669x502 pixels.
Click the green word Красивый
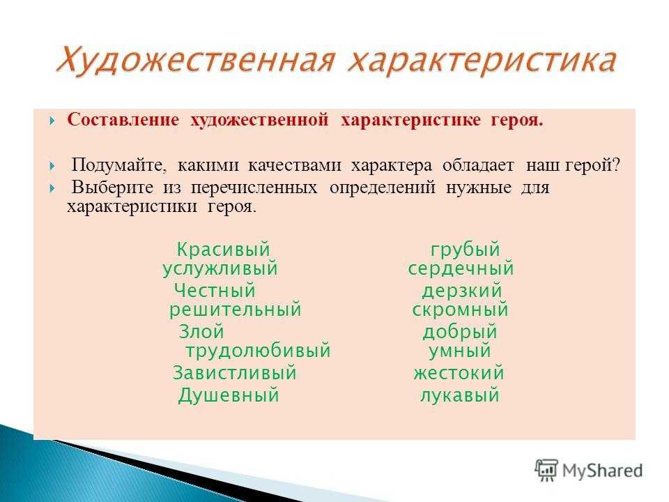tap(223, 250)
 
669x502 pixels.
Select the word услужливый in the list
tap(220, 269)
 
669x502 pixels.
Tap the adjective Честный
tap(215, 291)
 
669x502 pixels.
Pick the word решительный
tap(235, 310)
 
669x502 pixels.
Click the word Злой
tap(201, 332)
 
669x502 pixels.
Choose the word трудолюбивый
tap(258, 351)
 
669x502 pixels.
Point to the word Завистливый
tap(234, 372)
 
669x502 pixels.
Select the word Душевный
tap(229, 395)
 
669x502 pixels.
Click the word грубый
tap(465, 250)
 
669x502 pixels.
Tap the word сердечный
tap(461, 269)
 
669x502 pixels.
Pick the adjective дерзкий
tap(461, 291)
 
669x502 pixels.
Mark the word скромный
tap(460, 310)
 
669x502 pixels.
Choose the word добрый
tap(460, 332)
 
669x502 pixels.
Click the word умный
tap(459, 351)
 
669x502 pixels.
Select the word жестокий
tap(459, 373)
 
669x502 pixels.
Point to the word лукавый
tap(459, 395)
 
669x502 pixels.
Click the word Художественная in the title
tap(194, 60)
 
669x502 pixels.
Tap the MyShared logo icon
tap(546, 471)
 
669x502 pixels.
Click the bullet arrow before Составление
tap(52, 121)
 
